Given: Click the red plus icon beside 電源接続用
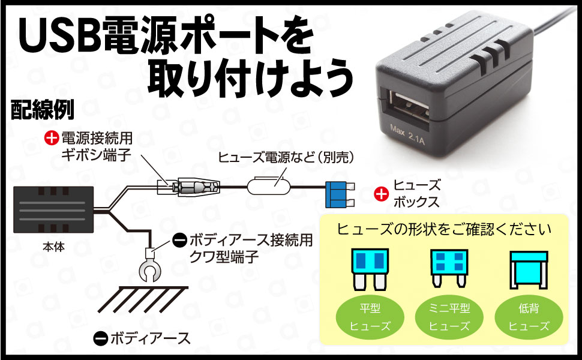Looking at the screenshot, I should tap(52, 139).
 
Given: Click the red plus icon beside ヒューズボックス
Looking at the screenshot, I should tap(380, 194).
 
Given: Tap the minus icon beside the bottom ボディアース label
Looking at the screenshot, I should tap(100, 338).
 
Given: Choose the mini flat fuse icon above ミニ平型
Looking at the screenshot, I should tap(448, 265).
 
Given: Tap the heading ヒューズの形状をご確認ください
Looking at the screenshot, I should tap(444, 229).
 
